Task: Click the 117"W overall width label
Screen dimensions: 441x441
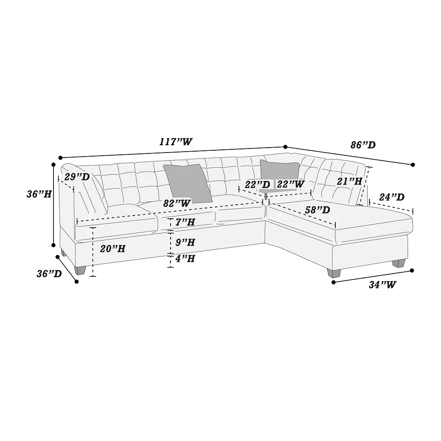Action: pos(175,142)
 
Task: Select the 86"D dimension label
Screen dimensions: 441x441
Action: pos(363,145)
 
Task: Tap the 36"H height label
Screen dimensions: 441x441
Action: pos(37,194)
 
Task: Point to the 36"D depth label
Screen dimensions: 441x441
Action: pos(49,273)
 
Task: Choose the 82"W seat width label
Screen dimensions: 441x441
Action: pos(176,203)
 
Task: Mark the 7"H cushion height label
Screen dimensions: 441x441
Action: pos(185,222)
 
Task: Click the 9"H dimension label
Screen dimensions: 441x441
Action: pos(185,242)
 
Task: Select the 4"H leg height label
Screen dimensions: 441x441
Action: pos(185,259)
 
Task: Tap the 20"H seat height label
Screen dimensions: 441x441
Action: pos(112,248)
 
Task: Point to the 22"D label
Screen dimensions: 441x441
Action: pos(257,184)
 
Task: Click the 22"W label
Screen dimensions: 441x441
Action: pos(290,184)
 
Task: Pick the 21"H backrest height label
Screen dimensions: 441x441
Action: pos(349,181)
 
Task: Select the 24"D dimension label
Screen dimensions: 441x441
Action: pos(391,197)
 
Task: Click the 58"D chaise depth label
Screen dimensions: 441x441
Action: pos(317,210)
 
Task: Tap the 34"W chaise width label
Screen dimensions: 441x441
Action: pos(382,284)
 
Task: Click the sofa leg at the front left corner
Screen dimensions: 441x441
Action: pos(81,269)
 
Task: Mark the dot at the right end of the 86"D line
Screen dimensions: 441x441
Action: pos(413,165)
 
